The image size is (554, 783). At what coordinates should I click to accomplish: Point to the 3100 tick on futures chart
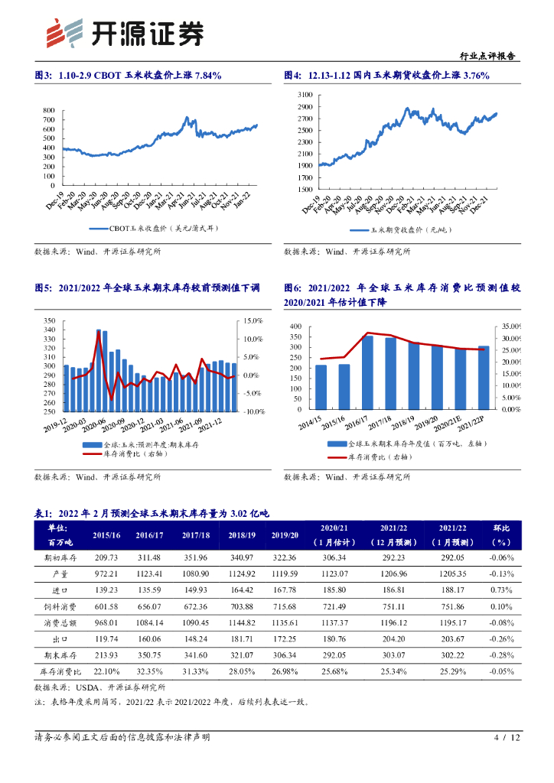pyautogui.click(x=304, y=94)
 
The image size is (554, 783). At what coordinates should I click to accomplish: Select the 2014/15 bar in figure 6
pyautogui.click(x=321, y=387)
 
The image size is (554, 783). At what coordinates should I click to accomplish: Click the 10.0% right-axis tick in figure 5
pyautogui.click(x=254, y=339)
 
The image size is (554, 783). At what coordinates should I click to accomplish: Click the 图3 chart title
pyautogui.click(x=129, y=75)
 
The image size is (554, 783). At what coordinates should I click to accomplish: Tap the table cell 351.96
pyautogui.click(x=196, y=557)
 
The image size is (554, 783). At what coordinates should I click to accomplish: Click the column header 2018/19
pyautogui.click(x=242, y=534)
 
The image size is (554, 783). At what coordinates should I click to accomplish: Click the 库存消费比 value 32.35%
pyautogui.click(x=150, y=671)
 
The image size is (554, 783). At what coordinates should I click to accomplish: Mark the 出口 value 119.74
pyautogui.click(x=105, y=638)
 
